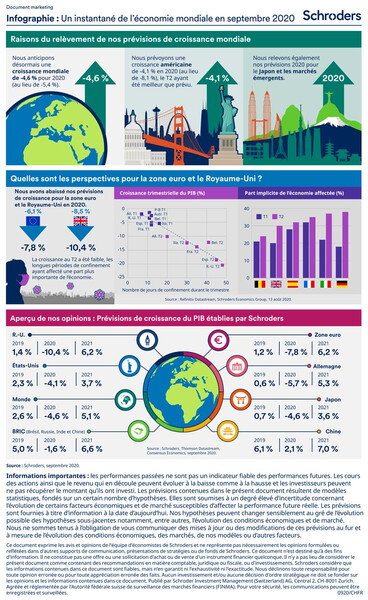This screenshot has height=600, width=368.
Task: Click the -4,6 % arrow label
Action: click(97, 77)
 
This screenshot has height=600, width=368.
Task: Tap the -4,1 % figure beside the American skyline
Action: click(219, 76)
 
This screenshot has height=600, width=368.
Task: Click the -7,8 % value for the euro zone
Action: click(33, 246)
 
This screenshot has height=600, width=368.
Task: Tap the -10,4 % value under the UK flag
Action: click(81, 246)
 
